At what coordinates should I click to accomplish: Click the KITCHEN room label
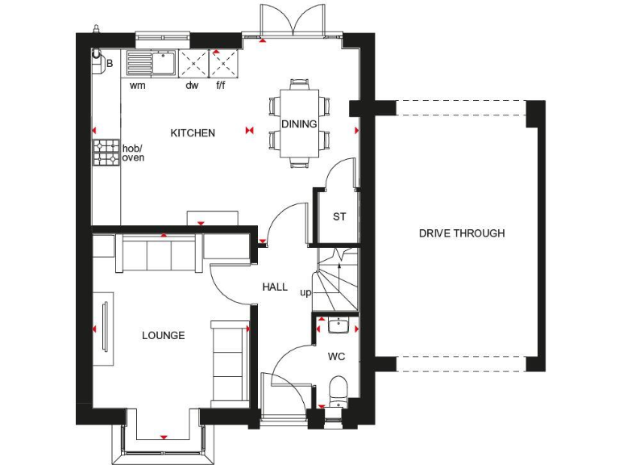(193, 133)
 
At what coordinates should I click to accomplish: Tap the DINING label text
(299, 124)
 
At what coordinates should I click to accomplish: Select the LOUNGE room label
(164, 335)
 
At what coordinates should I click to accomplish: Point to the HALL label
(275, 287)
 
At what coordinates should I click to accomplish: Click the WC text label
(336, 356)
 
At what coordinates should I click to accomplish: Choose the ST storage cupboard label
(339, 216)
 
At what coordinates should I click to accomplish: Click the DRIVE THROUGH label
(462, 233)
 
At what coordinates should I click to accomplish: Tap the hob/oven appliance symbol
(106, 153)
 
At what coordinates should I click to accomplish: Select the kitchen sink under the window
(164, 61)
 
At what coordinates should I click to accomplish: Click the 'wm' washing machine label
(137, 85)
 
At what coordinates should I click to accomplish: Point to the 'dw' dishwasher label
(192, 85)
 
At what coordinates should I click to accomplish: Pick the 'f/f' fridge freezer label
(221, 85)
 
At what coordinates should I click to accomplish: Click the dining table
(299, 123)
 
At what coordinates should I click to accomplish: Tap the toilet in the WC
(338, 389)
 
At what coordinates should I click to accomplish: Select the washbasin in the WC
(338, 326)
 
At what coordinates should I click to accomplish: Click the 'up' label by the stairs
(305, 292)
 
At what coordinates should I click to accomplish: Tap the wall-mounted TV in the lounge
(104, 326)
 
